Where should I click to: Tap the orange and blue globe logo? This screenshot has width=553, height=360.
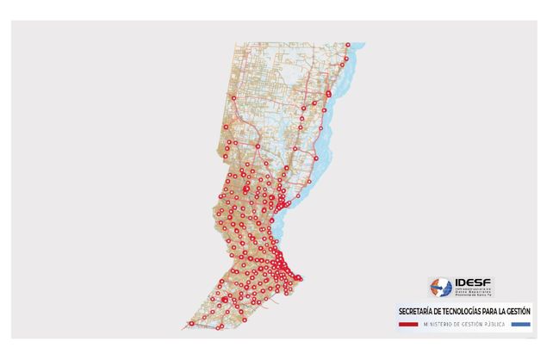[441, 287]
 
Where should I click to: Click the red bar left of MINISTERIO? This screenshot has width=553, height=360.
[409, 324]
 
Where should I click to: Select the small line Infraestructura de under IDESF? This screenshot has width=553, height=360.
[474, 289]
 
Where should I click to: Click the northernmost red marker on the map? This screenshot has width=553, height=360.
[348, 45]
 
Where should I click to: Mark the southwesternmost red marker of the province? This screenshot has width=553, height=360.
[190, 324]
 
